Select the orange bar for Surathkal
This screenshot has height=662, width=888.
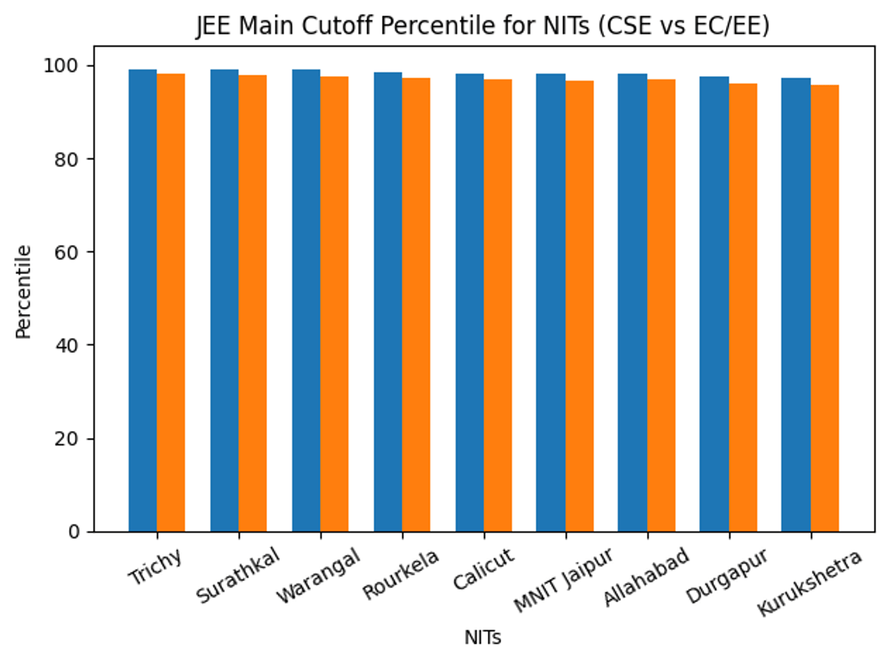click(x=252, y=303)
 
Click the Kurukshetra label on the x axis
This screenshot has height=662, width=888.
click(x=810, y=584)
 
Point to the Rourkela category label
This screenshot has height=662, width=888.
click(x=400, y=574)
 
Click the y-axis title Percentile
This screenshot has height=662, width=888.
click(x=24, y=291)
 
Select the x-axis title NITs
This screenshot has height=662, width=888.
click(x=482, y=638)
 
